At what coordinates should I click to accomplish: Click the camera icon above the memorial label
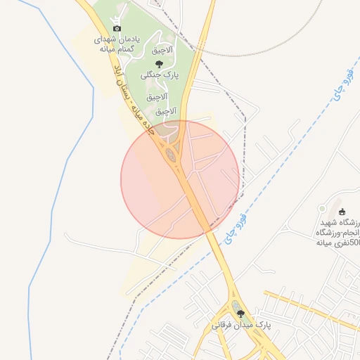point(117,27)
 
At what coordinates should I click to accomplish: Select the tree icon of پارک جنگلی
point(169,64)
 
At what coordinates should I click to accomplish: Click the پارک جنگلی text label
point(161,74)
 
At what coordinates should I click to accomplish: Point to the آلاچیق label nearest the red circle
point(163,110)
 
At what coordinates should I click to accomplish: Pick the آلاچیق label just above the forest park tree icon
point(163,51)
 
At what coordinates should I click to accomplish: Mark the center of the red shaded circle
point(180,179)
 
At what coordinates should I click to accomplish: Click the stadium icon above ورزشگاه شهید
point(342,212)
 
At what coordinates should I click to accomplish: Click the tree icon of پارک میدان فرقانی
point(241,314)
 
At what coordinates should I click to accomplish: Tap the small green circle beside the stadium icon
point(322,209)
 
